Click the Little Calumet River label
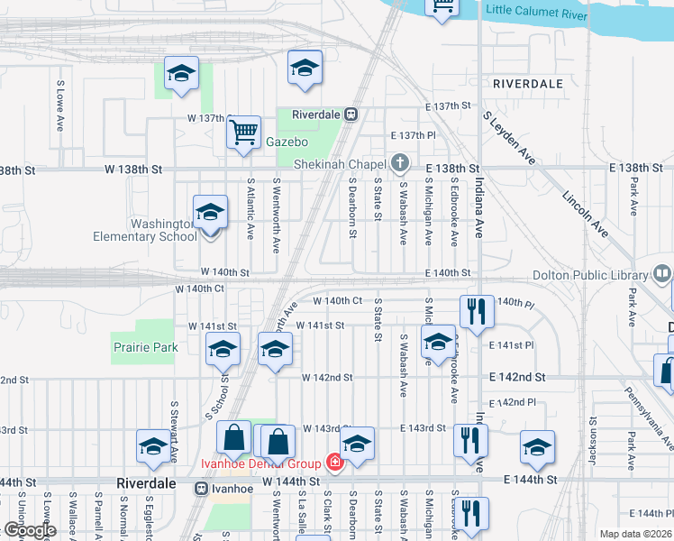537,10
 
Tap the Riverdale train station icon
351,115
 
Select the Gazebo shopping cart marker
243,133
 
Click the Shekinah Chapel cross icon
401,164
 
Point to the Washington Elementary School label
145,230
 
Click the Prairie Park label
145,347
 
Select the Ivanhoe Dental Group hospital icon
335,463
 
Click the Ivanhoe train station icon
202,488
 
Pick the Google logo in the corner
30,530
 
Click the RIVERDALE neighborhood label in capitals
528,84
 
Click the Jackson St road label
593,441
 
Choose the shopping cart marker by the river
442,7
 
